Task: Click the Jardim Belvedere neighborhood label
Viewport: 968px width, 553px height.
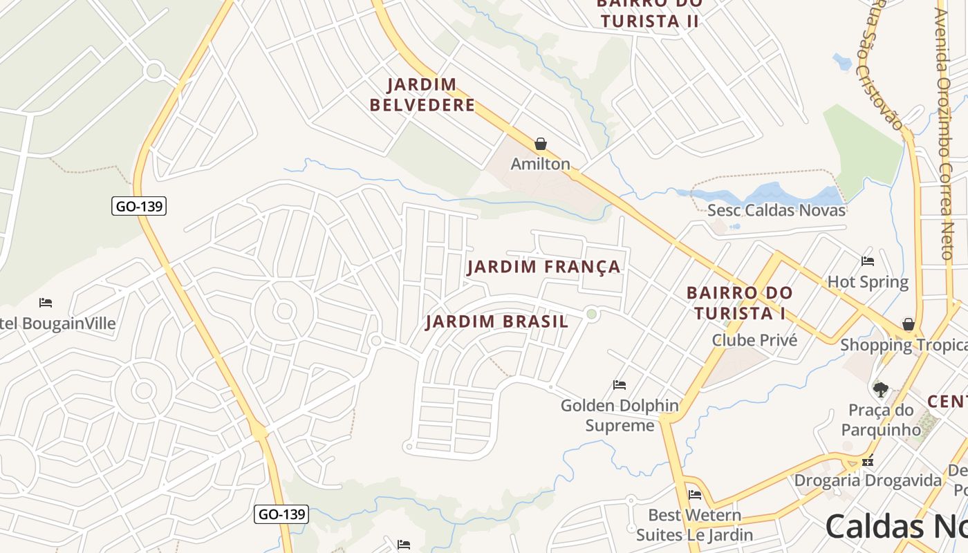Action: point(422,95)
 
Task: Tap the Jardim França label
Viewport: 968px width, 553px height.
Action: point(544,267)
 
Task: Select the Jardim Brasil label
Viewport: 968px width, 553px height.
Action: point(496,321)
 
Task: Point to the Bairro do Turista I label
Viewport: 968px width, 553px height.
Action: point(739,303)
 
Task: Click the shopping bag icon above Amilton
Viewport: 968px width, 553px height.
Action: point(541,144)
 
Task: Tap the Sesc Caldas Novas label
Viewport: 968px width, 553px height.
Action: point(776,210)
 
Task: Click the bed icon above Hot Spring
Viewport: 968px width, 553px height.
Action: point(868,261)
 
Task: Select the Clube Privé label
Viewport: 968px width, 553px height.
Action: point(754,340)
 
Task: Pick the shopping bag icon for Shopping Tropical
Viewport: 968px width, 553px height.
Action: point(909,324)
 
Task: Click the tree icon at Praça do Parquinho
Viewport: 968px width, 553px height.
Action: point(880,390)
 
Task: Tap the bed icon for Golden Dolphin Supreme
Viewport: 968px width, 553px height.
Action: point(620,385)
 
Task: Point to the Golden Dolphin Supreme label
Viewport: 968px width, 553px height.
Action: point(620,415)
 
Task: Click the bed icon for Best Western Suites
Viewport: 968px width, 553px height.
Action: point(695,494)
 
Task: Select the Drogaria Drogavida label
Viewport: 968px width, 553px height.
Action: point(868,480)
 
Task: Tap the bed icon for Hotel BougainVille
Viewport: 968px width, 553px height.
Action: point(46,303)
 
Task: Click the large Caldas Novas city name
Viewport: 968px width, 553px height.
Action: point(895,527)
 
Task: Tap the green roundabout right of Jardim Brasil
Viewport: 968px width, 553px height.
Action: point(591,315)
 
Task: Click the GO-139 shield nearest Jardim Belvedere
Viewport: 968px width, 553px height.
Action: point(139,206)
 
